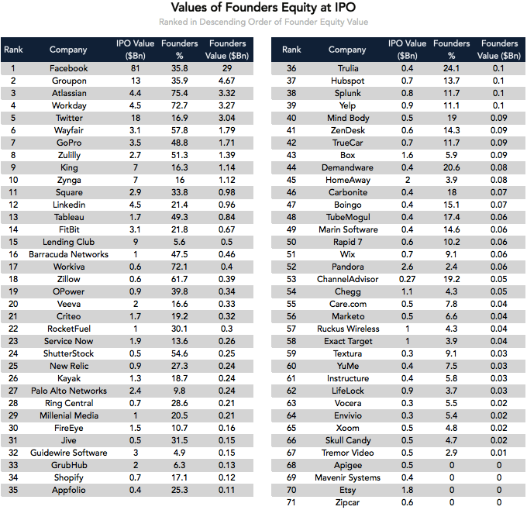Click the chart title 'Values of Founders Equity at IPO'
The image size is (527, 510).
263,9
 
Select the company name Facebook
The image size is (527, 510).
68,68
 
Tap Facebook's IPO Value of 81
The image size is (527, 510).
135,68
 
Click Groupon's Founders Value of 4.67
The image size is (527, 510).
227,81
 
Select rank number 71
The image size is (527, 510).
291,502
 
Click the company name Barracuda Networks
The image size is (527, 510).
68,254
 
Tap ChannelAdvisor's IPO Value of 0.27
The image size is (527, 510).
406,279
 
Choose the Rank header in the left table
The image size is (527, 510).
13,50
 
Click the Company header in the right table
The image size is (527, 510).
347,50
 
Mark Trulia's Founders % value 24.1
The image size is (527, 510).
451,68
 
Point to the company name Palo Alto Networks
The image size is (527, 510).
68,391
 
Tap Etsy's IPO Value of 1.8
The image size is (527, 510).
406,490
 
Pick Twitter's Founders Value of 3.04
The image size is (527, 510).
227,118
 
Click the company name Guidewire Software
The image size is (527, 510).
68,453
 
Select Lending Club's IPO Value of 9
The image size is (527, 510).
135,242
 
